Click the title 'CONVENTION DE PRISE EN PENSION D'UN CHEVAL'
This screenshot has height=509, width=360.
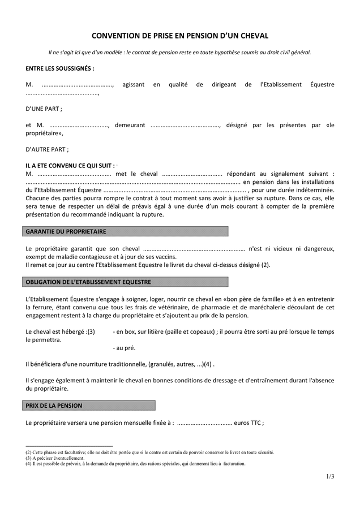(180, 35)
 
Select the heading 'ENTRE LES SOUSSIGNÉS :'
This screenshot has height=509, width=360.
(60, 68)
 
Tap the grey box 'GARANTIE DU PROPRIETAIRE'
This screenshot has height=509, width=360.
(127, 231)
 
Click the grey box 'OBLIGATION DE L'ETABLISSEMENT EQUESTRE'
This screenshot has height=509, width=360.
(127, 282)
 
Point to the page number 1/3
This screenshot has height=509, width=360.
(330, 476)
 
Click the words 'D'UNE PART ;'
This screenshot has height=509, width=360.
(44, 109)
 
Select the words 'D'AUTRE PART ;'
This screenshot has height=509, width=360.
(47, 149)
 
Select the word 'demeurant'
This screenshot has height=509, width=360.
(130, 125)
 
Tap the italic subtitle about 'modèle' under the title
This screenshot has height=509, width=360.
(180, 53)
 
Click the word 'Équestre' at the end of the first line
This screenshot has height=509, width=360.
(322, 84)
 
